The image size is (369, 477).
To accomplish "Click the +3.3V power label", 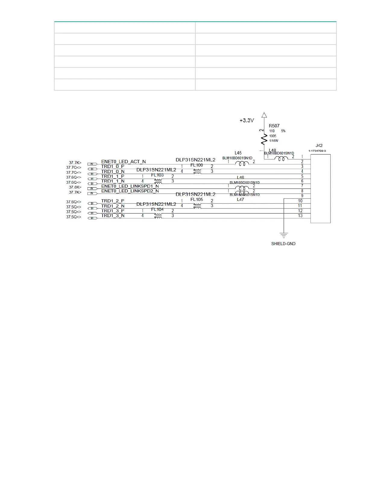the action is (x=247, y=120).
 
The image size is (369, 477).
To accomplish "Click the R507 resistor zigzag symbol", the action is (x=264, y=139).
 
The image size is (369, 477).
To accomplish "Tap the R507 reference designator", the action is (x=274, y=126).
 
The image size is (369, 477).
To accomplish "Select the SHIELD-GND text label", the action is (x=283, y=244).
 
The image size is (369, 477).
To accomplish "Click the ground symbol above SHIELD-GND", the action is (x=284, y=235).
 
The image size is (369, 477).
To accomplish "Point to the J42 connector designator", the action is (x=319, y=145).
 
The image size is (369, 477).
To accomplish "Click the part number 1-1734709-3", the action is (x=317, y=151).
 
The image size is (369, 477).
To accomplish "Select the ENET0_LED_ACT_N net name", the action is (x=123, y=162).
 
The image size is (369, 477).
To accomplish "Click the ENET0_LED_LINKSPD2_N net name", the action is (x=130, y=191).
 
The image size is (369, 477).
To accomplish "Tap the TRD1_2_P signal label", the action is (x=113, y=201).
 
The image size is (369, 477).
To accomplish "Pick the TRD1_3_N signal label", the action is (x=113, y=216).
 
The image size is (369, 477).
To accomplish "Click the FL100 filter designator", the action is (x=197, y=165).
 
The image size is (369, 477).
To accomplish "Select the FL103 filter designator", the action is (x=157, y=175).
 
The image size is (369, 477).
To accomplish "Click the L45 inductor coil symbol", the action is (x=242, y=164).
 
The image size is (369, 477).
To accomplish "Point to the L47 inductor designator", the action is (x=240, y=199).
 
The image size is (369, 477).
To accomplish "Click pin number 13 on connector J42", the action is (x=300, y=216).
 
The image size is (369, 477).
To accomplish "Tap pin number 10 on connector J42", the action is (x=300, y=201).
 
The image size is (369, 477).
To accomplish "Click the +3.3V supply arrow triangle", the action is (x=264, y=115).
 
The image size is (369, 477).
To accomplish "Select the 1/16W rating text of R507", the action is (x=274, y=141).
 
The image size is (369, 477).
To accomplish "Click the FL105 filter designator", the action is (x=197, y=199).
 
